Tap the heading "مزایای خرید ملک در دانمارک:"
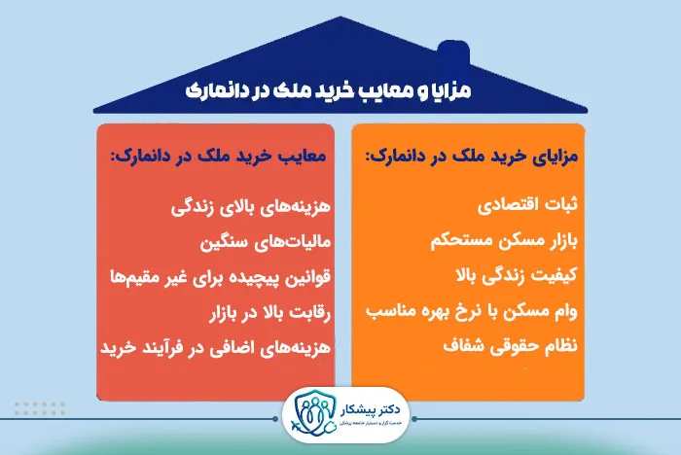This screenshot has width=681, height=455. [468, 156]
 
